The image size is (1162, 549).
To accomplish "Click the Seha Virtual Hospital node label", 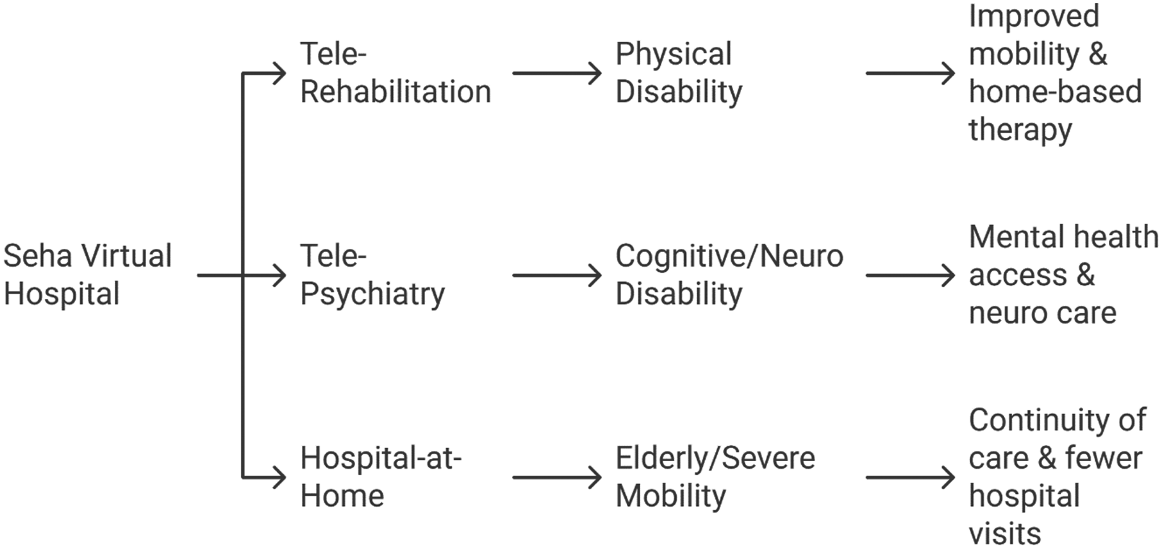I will (x=88, y=274).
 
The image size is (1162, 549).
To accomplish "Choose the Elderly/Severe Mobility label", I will (x=715, y=477).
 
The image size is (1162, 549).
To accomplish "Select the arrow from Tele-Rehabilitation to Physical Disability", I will (x=557, y=73).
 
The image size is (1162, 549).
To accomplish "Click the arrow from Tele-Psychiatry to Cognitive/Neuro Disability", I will (x=557, y=275).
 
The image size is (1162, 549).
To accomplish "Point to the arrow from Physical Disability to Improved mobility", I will (x=910, y=73).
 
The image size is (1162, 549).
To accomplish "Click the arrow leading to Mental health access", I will (x=910, y=275).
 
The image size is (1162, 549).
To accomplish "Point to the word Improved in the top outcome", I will (x=1034, y=16).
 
